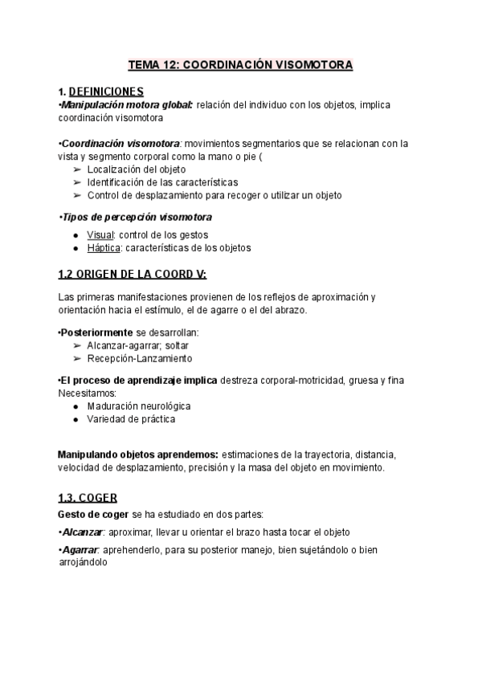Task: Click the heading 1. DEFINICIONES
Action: [101, 91]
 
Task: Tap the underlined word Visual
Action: [100, 234]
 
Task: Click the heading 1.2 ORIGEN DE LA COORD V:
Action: [133, 275]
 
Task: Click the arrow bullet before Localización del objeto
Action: [76, 169]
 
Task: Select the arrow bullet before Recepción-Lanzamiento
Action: [76, 357]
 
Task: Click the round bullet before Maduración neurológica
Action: [76, 406]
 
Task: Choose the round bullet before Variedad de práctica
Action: [76, 419]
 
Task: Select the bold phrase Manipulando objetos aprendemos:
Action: [137, 455]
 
